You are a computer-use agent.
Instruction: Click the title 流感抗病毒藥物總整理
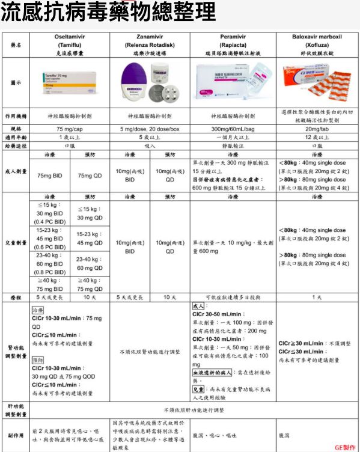[108, 12]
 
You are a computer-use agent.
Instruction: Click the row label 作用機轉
[16, 116]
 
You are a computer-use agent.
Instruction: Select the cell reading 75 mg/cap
[70, 129]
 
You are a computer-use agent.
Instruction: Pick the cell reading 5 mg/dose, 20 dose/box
[150, 129]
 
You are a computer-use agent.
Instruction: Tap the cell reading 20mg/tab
[316, 129]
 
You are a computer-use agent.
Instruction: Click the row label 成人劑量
[16, 171]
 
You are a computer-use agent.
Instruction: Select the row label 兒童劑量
[16, 243]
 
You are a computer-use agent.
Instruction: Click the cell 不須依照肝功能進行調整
[193, 410]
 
